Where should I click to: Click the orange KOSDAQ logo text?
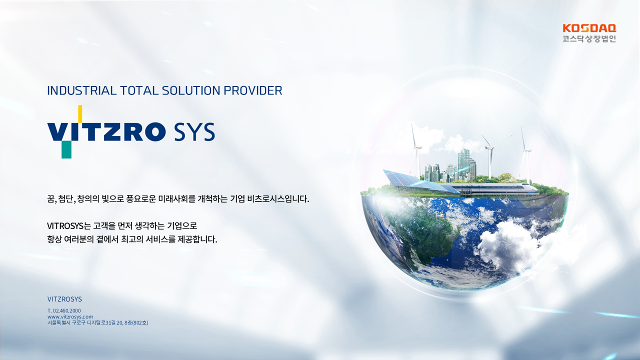pos(589,28)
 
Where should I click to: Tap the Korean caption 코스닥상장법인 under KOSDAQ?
pos(589,39)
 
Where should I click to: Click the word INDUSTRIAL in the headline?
pos(81,90)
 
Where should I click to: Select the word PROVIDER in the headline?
pos(253,90)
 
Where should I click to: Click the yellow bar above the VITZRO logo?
pos(80,113)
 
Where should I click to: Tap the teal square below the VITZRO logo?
pos(66,149)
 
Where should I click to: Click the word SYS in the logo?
pos(194,131)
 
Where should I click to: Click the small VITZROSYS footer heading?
pos(64,299)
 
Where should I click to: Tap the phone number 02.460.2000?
pos(67,310)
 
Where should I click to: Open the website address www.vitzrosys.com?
pos(70,316)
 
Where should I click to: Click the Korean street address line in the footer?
pos(97,323)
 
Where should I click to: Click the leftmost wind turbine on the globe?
pos(416,151)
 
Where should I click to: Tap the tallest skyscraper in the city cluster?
pos(463,164)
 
